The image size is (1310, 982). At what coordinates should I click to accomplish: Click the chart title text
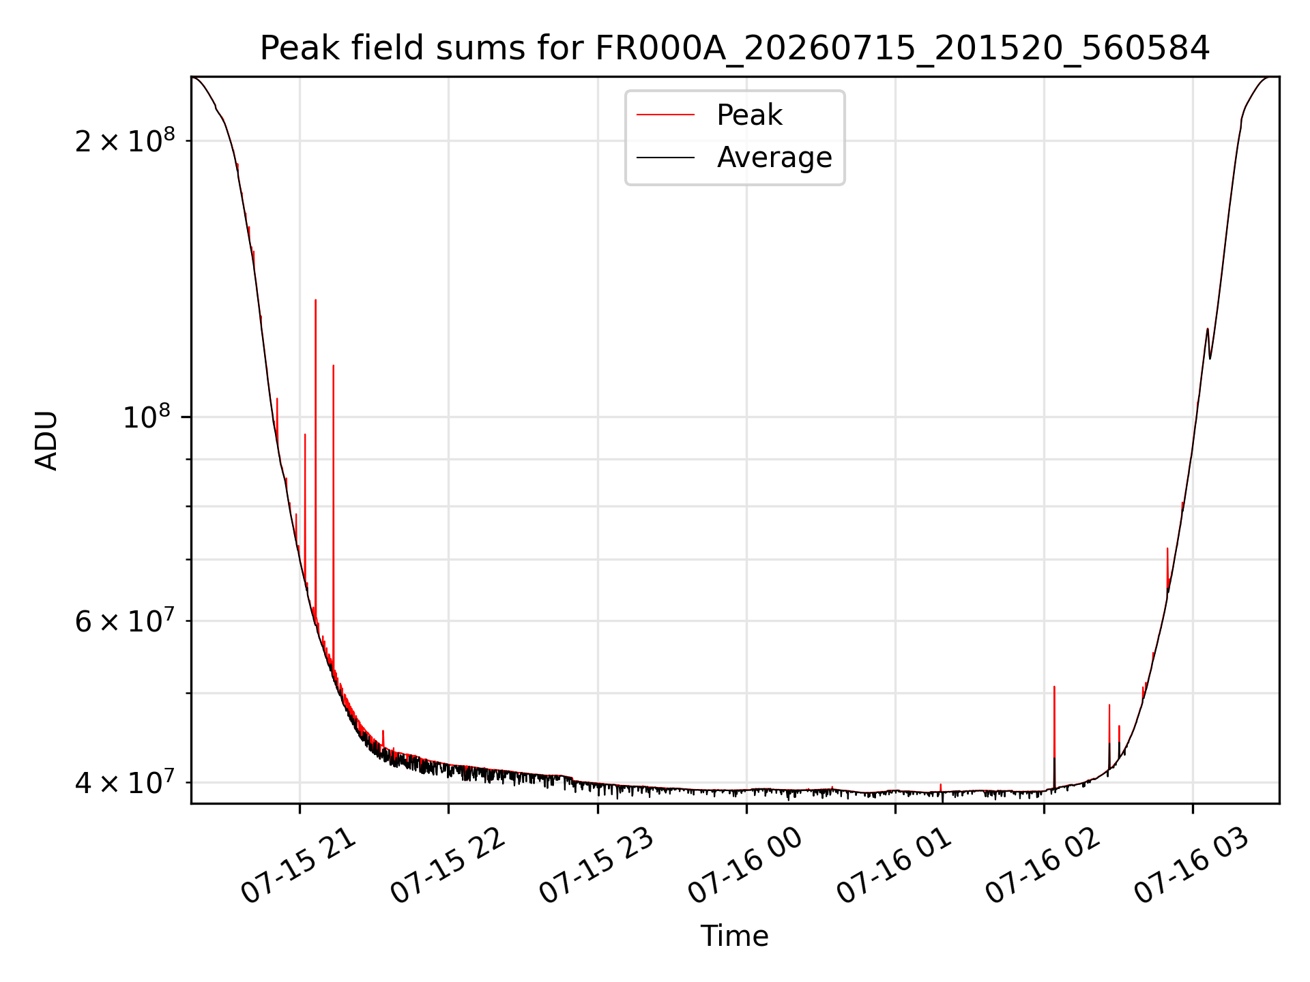pos(735,48)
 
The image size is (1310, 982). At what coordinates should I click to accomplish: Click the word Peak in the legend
pos(749,115)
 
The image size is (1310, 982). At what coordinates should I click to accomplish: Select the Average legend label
pos(774,158)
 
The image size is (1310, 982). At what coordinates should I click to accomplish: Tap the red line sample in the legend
pos(666,115)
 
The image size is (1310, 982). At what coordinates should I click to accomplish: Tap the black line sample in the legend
pos(666,158)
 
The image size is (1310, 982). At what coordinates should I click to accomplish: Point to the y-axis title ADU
pos(46,441)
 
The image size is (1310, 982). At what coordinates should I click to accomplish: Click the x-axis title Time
pos(735,936)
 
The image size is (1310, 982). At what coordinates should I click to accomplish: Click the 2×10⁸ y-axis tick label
pos(125,140)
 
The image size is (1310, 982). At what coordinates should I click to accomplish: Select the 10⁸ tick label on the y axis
pos(149,416)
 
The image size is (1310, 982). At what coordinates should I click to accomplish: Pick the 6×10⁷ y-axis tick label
pos(125,621)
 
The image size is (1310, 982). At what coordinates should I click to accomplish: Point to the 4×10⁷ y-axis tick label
pos(125,782)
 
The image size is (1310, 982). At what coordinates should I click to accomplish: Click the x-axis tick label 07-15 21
pos(300,866)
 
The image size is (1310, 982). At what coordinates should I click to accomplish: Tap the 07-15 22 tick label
pos(448,866)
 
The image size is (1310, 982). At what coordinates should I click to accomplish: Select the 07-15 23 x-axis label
pos(597,866)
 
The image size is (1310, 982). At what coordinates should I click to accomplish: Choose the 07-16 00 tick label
pos(746,866)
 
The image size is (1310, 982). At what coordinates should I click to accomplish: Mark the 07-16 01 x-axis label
pos(894,866)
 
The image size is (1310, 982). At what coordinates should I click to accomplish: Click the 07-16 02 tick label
pos(1044,866)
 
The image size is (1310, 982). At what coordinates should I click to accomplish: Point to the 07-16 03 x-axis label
pos(1193,866)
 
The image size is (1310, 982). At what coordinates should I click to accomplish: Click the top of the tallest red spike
pos(315,300)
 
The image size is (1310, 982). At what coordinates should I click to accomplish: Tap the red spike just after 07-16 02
pos(1054,736)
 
